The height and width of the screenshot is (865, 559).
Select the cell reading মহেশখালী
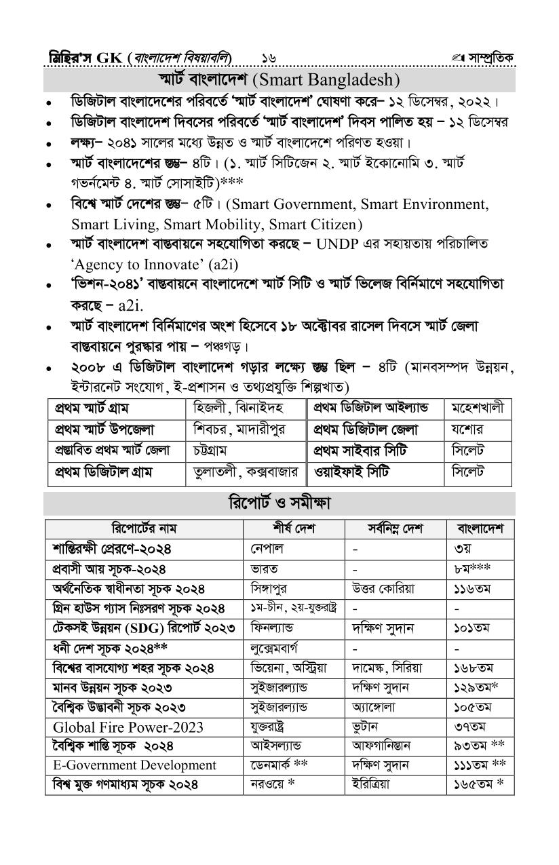click(478, 408)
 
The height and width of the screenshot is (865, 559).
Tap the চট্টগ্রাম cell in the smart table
click(210, 450)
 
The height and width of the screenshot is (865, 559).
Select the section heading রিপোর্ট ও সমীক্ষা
click(279, 503)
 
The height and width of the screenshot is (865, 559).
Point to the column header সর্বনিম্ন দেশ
click(396, 528)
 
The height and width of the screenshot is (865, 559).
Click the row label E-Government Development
click(134, 765)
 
